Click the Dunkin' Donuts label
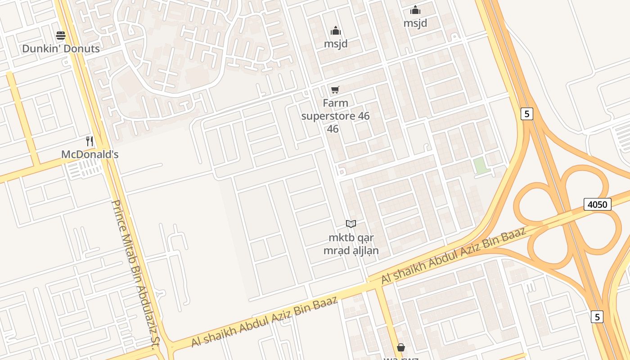(61, 49)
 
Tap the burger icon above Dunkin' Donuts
(61, 36)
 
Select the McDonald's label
(90, 154)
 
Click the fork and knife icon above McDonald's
(90, 141)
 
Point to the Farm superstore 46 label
(335, 116)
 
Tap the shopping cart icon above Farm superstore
(335, 90)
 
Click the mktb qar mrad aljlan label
(351, 244)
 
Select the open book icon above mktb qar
(351, 224)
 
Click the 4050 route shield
(598, 204)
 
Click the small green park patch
(481, 165)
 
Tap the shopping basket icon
(401, 347)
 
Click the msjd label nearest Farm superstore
(336, 44)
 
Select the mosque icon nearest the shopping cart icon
(336, 31)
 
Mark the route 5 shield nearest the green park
(526, 114)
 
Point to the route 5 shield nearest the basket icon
(597, 317)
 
